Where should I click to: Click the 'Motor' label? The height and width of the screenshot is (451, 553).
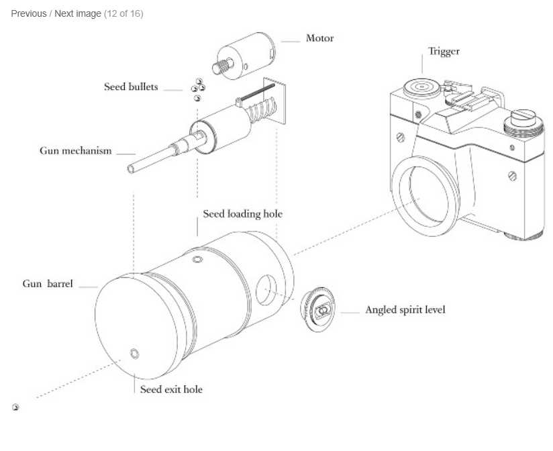coord(319,38)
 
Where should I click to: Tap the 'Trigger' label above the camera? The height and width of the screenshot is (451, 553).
coord(444,52)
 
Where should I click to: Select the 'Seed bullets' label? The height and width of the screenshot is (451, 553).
coord(131,87)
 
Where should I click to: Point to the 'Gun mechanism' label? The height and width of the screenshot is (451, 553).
coord(75,150)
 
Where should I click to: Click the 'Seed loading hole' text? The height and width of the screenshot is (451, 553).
coord(242,214)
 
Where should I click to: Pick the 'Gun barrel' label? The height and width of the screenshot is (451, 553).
coord(48,284)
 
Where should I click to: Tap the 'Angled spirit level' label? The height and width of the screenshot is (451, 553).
coord(405,310)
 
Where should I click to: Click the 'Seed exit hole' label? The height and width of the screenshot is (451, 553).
coord(171,389)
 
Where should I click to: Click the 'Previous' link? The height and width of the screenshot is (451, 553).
coord(29,13)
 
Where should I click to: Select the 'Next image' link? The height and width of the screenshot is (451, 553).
coord(78,13)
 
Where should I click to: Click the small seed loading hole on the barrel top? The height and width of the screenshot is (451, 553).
coord(197,259)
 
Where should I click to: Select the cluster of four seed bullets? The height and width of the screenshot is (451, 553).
coord(198,89)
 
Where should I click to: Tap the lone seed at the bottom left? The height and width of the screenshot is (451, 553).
coord(15,407)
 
